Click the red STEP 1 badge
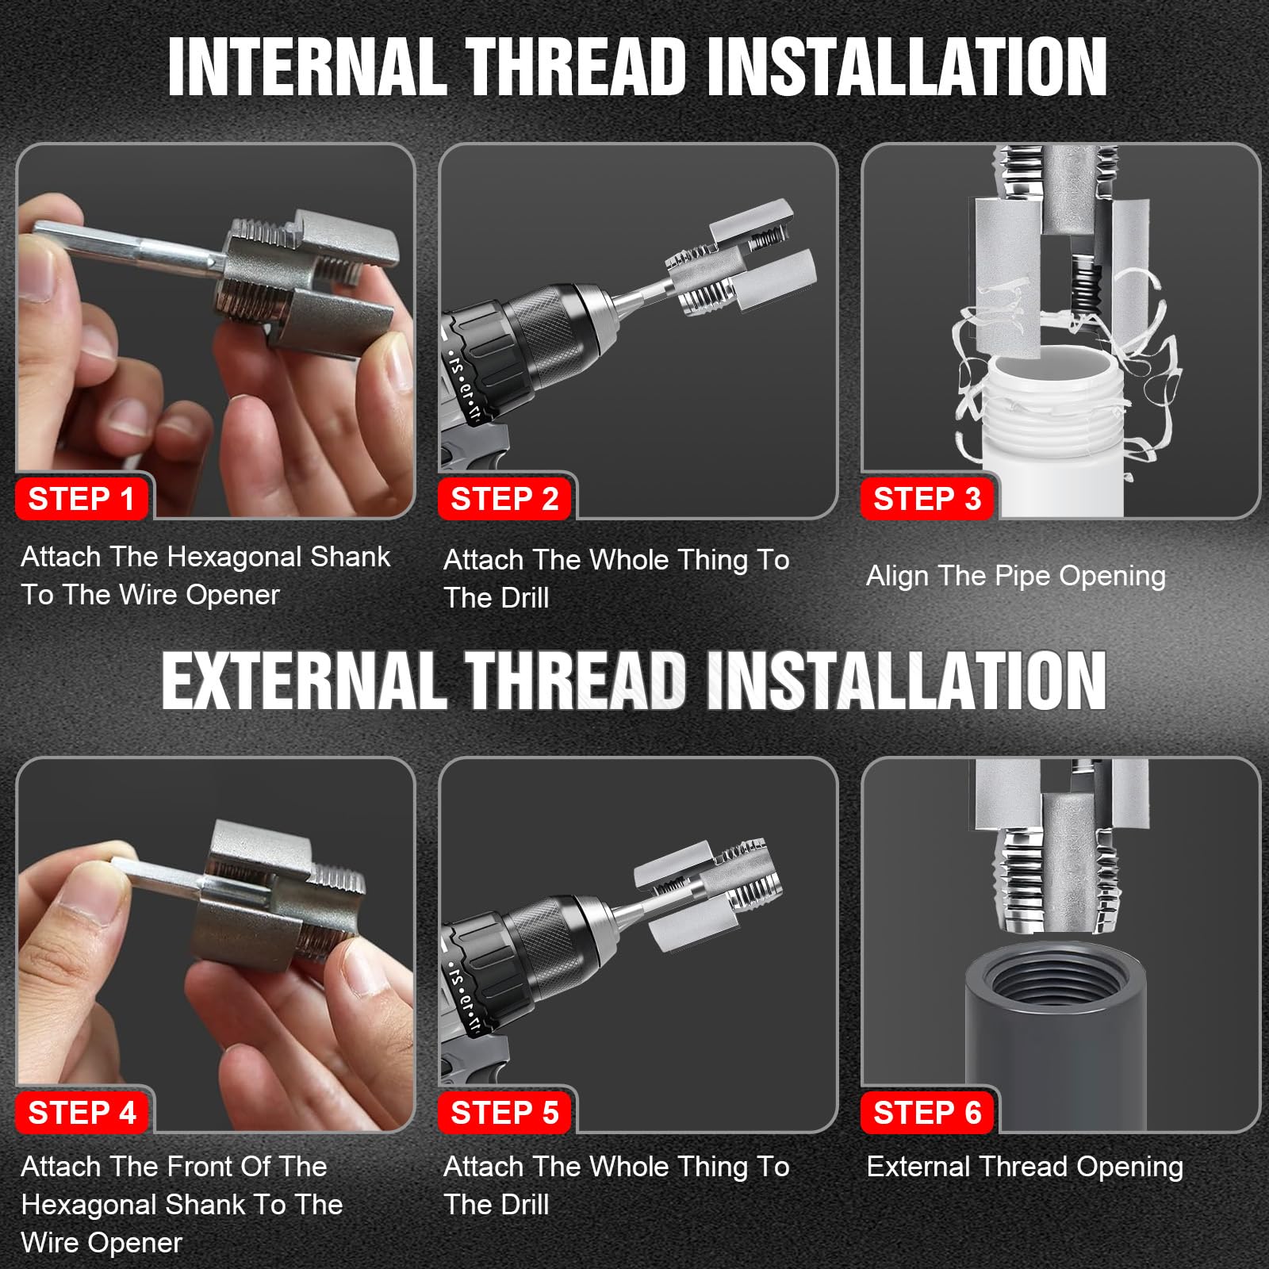coord(81,499)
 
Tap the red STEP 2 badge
coord(504,499)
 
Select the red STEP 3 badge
coord(927,499)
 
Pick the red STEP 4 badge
coord(82,1113)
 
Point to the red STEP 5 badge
coord(504,1113)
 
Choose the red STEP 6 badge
coord(927,1113)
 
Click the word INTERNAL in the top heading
coord(308,67)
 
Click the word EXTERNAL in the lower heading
coord(304,681)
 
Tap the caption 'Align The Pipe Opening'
coord(1016,577)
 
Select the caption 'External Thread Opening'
coord(1025,1167)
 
